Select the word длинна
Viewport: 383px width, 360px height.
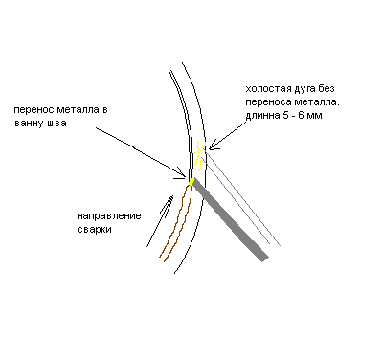pyautogui.click(x=262, y=116)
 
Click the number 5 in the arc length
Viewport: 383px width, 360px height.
pyautogui.click(x=285, y=115)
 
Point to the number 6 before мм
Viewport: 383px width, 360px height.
pyautogui.click(x=301, y=115)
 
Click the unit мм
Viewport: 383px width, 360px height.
pyautogui.click(x=314, y=116)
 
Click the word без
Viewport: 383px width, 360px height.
pyautogui.click(x=327, y=88)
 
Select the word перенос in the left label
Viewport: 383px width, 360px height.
pyautogui.click(x=34, y=110)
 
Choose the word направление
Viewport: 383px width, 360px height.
pyautogui.click(x=109, y=216)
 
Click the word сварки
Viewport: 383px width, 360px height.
pyautogui.click(x=95, y=230)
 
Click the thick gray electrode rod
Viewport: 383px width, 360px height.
pyautogui.click(x=230, y=219)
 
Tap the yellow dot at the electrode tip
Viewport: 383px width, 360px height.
pyautogui.click(x=191, y=182)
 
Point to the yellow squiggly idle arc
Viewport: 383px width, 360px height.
pyautogui.click(x=199, y=156)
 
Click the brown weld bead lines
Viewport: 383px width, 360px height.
pyautogui.click(x=176, y=223)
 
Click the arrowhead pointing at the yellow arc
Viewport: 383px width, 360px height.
pyautogui.click(x=214, y=146)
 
